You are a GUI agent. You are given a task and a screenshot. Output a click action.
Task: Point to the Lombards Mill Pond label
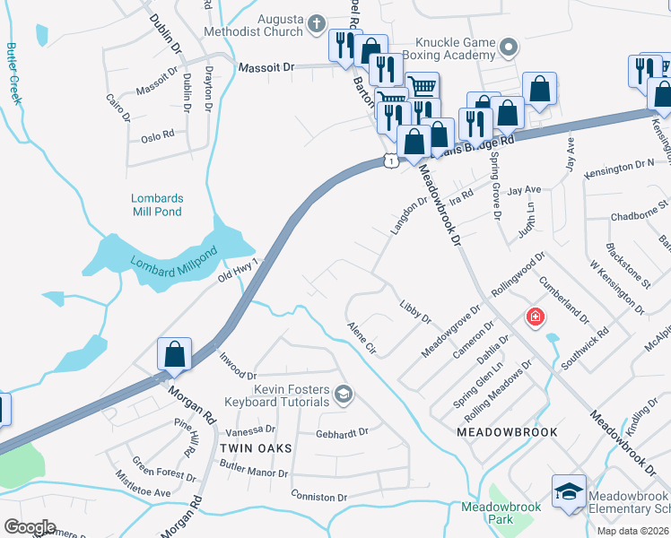(157, 205)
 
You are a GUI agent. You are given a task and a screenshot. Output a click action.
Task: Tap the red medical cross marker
(536, 317)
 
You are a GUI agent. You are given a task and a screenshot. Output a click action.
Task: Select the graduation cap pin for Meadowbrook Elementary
(569, 491)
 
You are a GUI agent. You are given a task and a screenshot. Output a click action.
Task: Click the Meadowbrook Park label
(501, 513)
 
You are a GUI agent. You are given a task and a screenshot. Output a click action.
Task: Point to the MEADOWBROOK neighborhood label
(507, 432)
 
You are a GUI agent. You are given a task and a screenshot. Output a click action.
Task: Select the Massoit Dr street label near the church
(266, 67)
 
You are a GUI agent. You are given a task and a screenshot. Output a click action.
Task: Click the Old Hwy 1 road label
(238, 270)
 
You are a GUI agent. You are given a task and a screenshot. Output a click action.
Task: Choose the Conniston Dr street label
(318, 497)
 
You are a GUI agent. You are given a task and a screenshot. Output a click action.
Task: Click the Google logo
(29, 526)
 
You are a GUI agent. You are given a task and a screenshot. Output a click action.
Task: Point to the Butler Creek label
(14, 72)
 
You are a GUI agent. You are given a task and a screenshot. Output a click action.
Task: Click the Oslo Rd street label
(157, 138)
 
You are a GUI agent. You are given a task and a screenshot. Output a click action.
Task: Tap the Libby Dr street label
(415, 314)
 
